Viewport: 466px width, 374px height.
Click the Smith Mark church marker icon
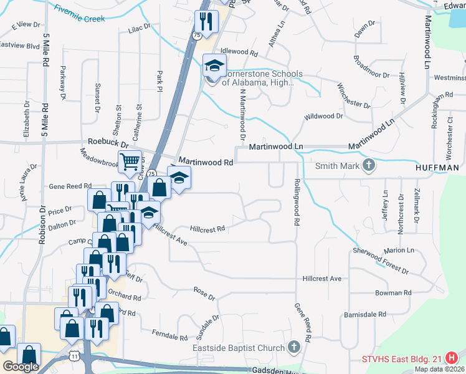[x=369, y=166]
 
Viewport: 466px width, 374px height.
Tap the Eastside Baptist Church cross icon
[x=295, y=347]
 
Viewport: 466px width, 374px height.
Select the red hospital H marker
[x=454, y=358]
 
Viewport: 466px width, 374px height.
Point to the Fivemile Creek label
[x=79, y=14]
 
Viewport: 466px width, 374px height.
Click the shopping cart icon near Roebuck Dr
[x=130, y=161]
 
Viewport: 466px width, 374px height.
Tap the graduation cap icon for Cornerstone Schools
[x=214, y=65]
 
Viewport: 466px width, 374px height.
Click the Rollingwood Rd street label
[x=297, y=203]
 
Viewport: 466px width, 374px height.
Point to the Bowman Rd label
[x=392, y=292]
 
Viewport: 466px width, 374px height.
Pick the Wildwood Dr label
[x=323, y=116]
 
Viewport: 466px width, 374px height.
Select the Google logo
[x=21, y=366]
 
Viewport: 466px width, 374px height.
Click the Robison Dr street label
[x=43, y=224]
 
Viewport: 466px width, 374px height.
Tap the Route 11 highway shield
[x=74, y=355]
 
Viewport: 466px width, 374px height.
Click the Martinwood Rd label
[x=206, y=161]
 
